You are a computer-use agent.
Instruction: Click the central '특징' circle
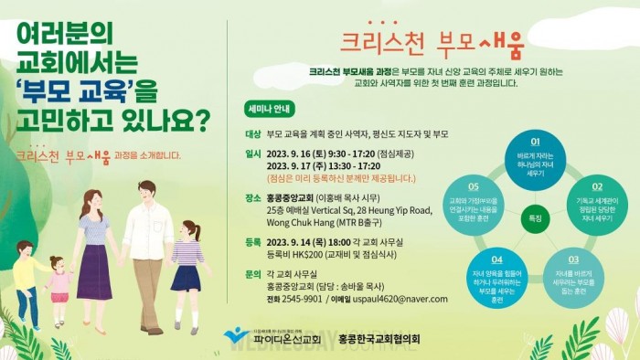535,219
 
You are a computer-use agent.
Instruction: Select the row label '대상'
253,133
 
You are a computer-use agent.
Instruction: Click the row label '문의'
253,272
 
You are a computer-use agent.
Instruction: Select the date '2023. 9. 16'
290,154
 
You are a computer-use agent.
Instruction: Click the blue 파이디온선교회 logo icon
235,336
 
